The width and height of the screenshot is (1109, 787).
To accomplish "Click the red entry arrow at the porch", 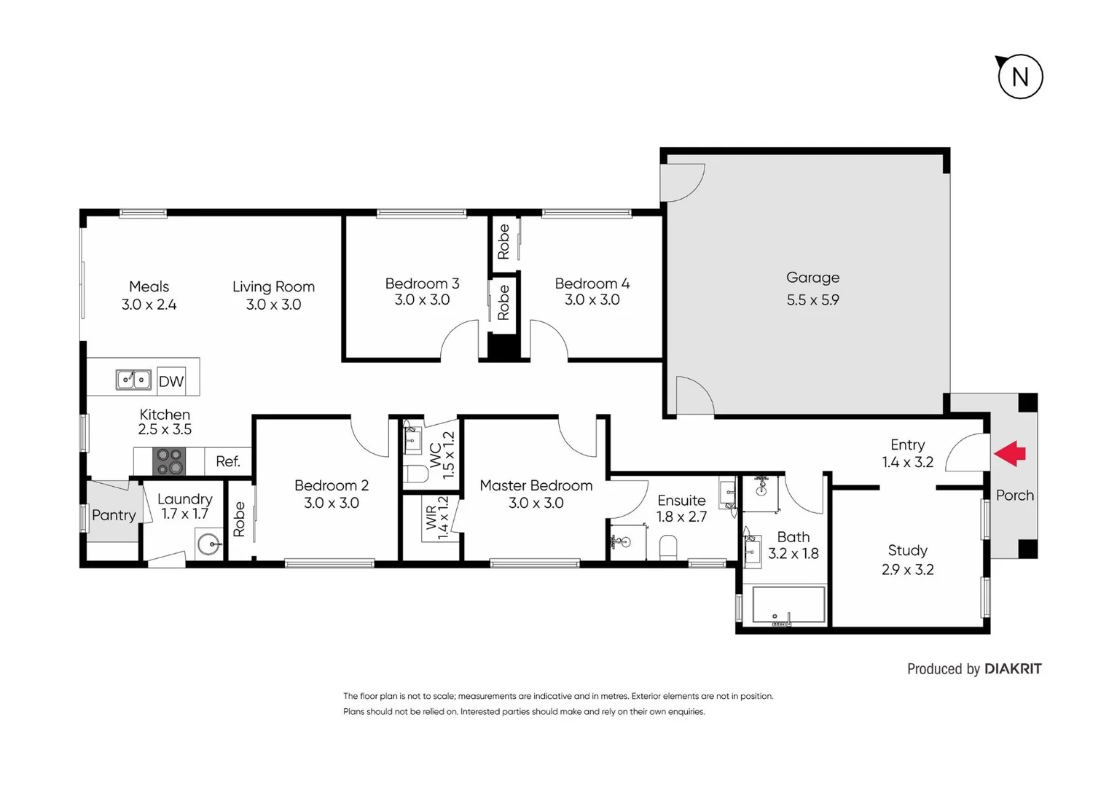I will click(1010, 453).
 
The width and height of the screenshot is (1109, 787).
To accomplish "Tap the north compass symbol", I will click(1019, 77).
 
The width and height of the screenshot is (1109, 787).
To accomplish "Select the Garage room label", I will click(812, 278).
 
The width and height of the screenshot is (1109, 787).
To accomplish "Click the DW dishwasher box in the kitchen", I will click(171, 380).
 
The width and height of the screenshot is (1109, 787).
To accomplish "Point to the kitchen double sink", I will click(133, 380).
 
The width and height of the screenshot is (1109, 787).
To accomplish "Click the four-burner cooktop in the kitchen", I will click(169, 461).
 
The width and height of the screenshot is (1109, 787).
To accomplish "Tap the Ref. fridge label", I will click(227, 461).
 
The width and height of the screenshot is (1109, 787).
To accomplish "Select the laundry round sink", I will click(210, 544).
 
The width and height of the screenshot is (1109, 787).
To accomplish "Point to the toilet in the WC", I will click(415, 474).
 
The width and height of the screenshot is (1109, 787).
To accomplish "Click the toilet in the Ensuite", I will click(667, 547).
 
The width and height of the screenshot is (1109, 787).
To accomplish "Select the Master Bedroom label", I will click(536, 485).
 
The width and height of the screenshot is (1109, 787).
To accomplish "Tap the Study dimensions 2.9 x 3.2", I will click(907, 570).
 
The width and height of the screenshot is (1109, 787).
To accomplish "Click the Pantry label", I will click(114, 515).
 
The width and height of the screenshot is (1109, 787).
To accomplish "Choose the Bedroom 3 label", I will click(422, 283).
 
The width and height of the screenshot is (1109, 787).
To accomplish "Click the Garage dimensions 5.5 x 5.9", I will click(812, 299).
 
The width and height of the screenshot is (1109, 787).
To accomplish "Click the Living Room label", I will click(273, 287).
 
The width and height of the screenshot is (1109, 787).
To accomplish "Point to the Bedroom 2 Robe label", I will click(239, 519).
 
